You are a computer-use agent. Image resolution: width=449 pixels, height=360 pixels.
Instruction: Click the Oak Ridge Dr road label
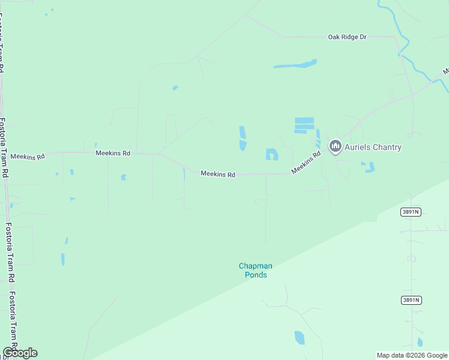click(x=347, y=37)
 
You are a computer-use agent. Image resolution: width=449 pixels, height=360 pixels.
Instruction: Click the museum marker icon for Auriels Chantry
click(x=336, y=146)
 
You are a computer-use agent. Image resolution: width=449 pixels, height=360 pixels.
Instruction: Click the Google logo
click(x=20, y=353)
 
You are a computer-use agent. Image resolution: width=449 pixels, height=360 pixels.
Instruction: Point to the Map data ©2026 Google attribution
click(x=412, y=355)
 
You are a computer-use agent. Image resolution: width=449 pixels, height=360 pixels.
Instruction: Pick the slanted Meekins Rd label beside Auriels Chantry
click(x=306, y=163)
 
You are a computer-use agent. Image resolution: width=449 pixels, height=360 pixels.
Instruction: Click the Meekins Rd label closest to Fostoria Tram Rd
click(x=28, y=157)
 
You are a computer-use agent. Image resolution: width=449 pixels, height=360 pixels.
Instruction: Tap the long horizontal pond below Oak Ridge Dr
click(x=295, y=64)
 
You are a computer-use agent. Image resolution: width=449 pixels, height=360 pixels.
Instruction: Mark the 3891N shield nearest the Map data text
click(x=411, y=300)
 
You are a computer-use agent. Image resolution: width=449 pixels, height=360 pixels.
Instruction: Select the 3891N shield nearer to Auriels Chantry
click(x=411, y=212)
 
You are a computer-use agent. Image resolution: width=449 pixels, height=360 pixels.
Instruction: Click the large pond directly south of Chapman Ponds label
click(x=299, y=338)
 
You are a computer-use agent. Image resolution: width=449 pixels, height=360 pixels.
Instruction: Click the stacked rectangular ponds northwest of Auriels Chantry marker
click(x=304, y=125)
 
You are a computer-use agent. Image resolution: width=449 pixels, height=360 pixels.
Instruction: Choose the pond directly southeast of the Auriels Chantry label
click(x=369, y=167)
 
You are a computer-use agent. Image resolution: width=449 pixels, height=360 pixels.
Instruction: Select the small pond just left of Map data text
click(x=420, y=343)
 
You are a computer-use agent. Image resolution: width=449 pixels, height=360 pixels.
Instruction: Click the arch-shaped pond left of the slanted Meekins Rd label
click(x=272, y=155)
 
